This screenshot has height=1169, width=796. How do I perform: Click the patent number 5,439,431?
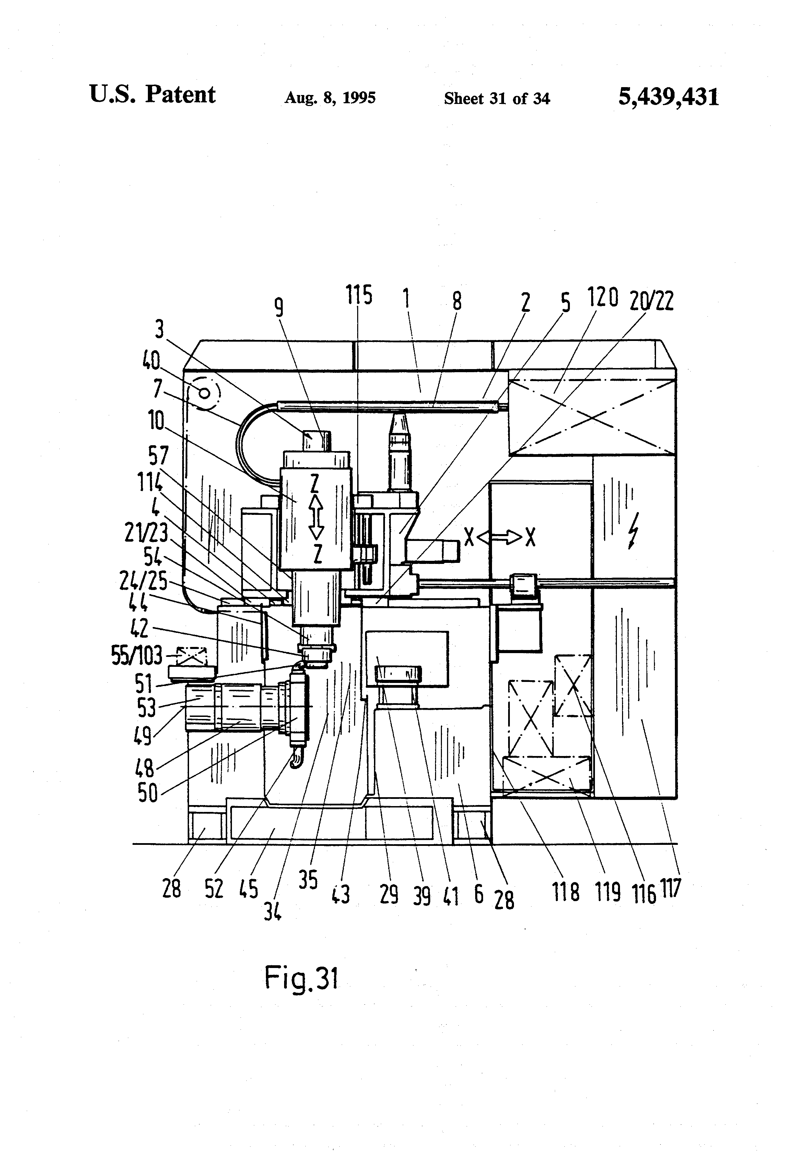(668, 97)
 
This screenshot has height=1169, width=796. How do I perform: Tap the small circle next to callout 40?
(204, 392)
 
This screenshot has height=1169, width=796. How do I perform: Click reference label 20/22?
(651, 301)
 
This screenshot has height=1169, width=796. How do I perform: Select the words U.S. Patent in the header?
(152, 95)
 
